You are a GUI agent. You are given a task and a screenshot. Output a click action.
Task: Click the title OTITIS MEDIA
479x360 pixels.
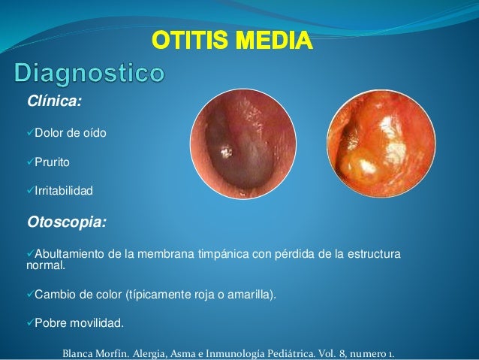(232, 38)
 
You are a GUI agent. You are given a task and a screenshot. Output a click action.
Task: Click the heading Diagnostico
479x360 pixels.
(88, 75)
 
